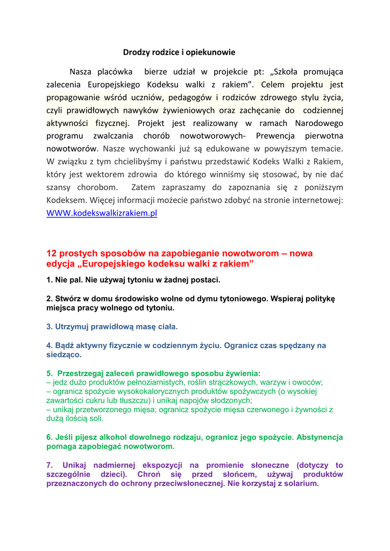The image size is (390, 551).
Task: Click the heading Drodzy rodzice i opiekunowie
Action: coord(179,52)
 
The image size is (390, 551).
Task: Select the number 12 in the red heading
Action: coord(52,253)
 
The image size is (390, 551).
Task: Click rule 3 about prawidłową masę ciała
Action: coord(112,327)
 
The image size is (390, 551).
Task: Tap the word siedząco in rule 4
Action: coord(64,355)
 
